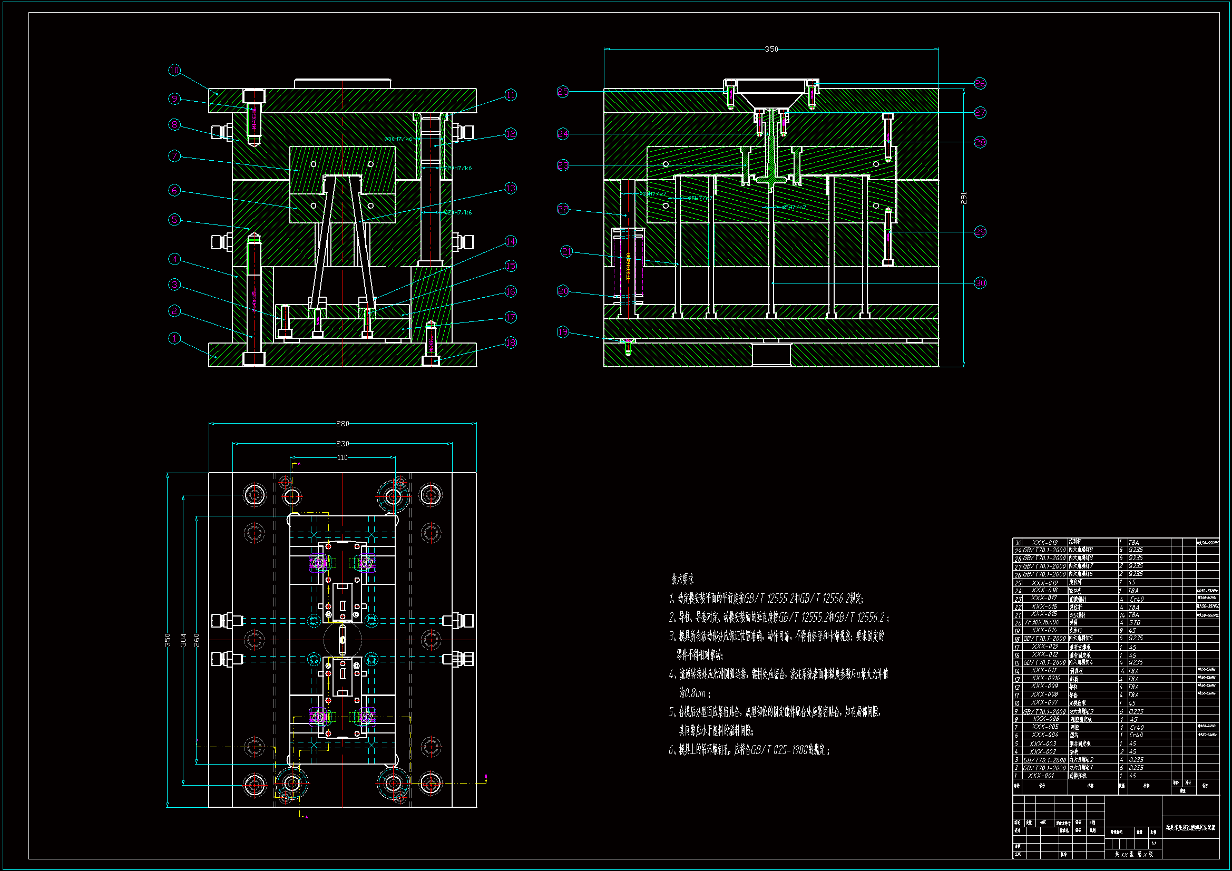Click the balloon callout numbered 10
click(x=174, y=70)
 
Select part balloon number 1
click(x=174, y=338)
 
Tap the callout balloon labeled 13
click(x=510, y=188)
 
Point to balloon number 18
click(x=510, y=342)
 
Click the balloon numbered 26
click(x=980, y=83)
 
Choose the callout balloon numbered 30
click(x=980, y=283)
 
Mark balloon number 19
click(x=563, y=331)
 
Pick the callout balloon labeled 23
click(x=563, y=165)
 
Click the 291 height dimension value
click(x=964, y=198)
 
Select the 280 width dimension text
click(x=343, y=424)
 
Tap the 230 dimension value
click(x=343, y=444)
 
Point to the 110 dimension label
click(x=343, y=458)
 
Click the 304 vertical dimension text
click(x=183, y=640)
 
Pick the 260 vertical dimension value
click(x=197, y=640)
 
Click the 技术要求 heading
click(x=682, y=580)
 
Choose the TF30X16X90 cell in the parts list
click(x=1042, y=622)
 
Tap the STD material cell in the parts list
click(x=1135, y=622)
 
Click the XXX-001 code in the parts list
click(x=1041, y=776)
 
